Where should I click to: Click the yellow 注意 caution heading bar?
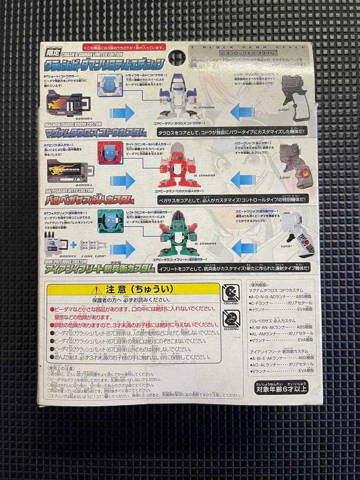coord(133,289)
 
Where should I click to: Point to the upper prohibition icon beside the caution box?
coord(231,293)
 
